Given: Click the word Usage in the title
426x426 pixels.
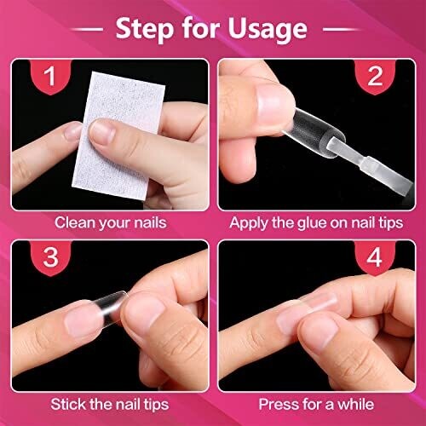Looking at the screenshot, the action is [268, 29].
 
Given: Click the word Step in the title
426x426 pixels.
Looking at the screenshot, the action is [144, 29].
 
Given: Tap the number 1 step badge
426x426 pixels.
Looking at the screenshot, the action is [50, 77].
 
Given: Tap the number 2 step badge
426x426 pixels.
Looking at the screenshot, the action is [375, 77].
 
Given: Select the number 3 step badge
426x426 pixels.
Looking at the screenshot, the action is [50, 258].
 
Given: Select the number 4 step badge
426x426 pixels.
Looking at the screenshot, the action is [375, 258].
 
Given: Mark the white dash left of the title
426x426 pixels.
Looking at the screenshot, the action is [87, 29].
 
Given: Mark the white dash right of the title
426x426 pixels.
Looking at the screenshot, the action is [340, 29].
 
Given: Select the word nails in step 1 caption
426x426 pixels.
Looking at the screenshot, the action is [150, 222].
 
